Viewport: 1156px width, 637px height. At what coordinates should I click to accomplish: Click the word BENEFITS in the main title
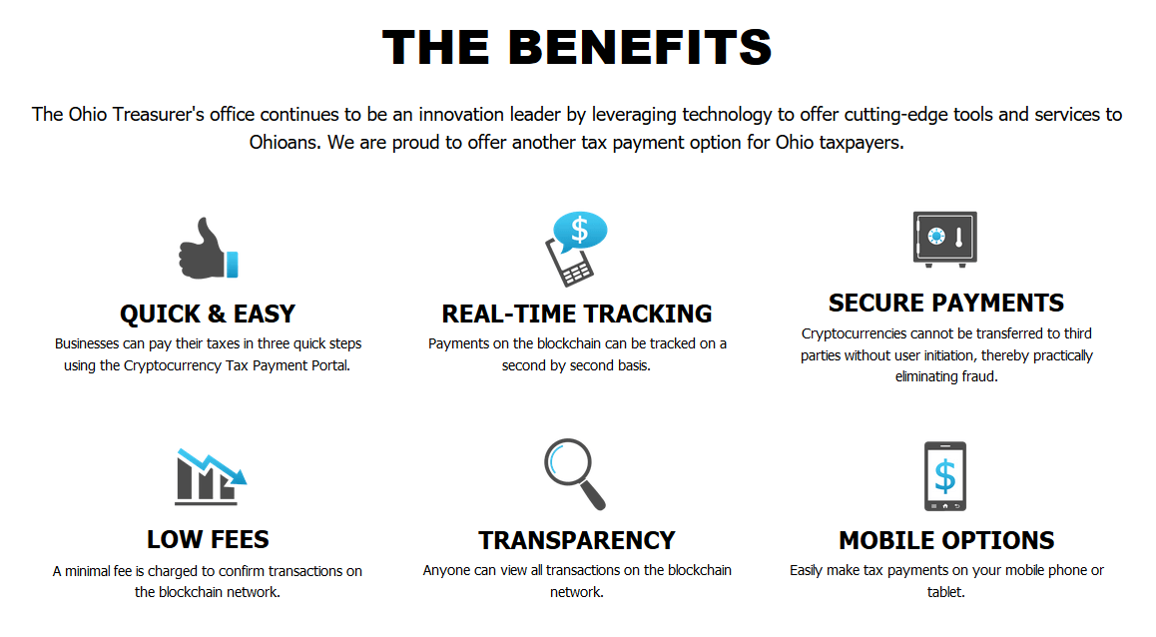639,47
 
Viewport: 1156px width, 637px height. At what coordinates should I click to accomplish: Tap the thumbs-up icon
209,250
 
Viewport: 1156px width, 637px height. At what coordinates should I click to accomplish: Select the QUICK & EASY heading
208,315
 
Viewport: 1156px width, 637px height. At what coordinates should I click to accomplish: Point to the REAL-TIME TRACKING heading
577,315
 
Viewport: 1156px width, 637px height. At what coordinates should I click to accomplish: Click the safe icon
945,239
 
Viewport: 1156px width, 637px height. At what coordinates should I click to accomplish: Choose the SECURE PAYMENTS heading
946,303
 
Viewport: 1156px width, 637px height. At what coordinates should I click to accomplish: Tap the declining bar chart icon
210,477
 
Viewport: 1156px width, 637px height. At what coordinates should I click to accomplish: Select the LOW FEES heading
208,540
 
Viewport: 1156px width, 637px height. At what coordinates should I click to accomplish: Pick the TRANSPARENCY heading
577,540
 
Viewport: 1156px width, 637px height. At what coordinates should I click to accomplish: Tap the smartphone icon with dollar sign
945,476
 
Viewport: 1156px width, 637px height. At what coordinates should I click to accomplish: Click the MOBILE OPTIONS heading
946,540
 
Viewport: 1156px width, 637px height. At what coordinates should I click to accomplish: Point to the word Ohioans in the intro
286,143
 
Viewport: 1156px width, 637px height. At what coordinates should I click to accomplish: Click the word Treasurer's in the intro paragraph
158,114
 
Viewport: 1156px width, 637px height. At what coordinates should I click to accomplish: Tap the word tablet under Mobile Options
946,592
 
